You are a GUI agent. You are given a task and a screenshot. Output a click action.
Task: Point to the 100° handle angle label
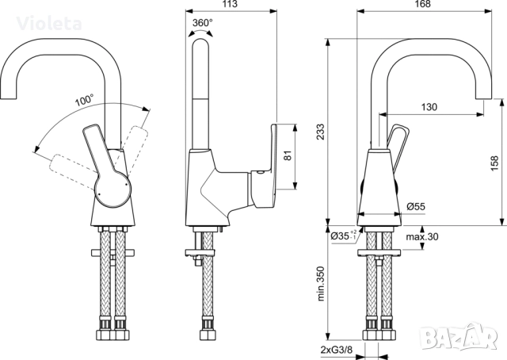85,101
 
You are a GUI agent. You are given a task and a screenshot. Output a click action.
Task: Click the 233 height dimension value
320,136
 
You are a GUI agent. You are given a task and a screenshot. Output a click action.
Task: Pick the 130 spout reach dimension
429,107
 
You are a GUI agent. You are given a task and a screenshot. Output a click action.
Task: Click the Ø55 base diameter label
416,206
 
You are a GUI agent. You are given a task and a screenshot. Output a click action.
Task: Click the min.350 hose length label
320,283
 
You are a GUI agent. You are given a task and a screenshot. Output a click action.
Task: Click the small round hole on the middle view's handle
257,171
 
